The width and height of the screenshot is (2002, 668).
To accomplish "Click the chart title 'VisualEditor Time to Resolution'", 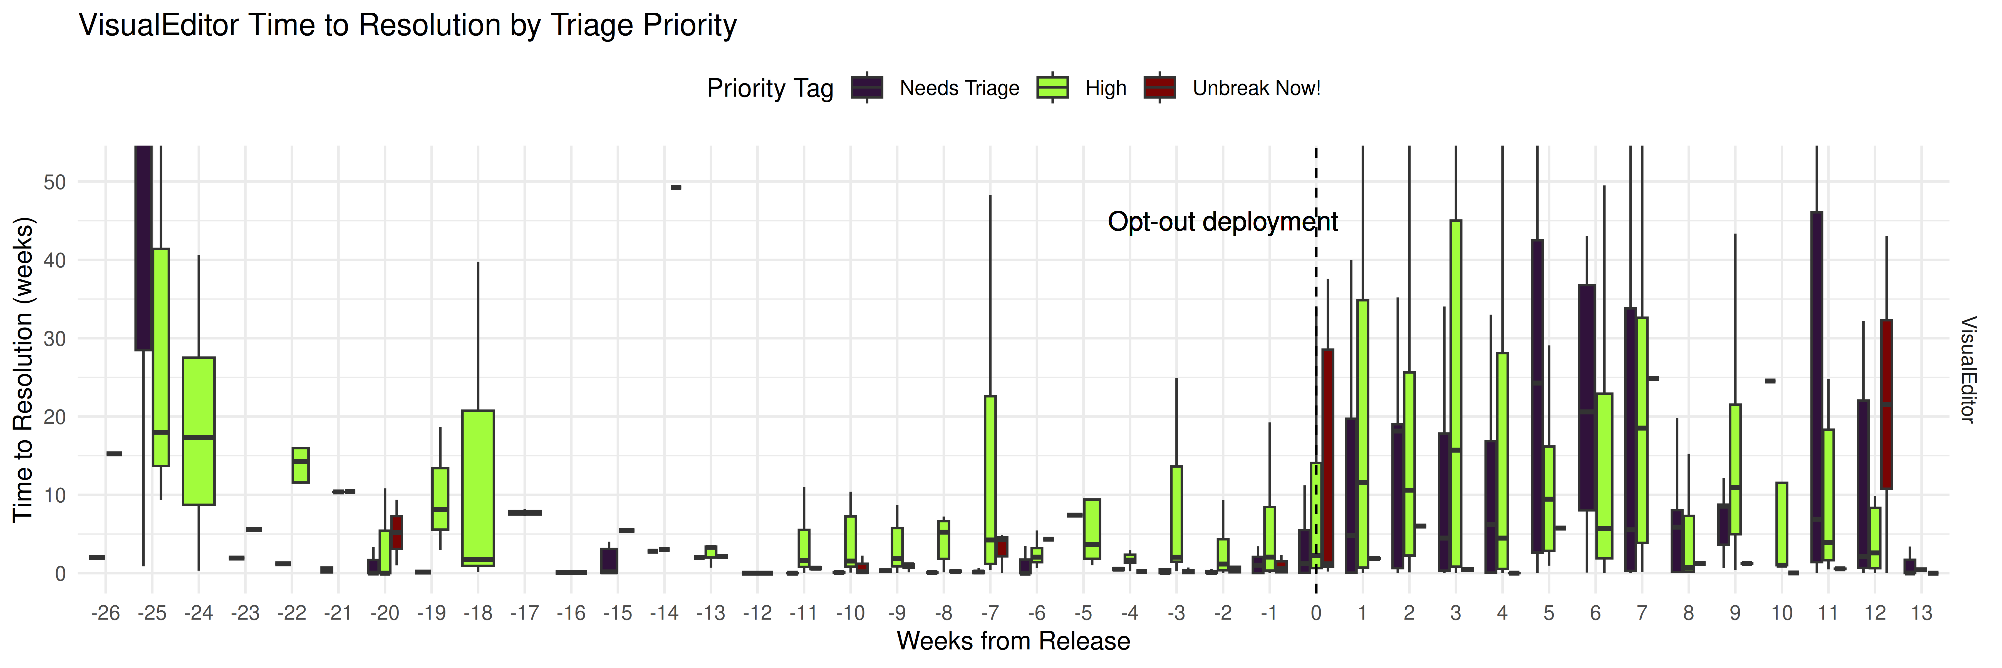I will [x=407, y=26].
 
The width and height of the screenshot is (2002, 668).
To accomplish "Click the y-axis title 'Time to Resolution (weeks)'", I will [x=23, y=369].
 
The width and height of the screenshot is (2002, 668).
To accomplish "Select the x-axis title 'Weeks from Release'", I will [x=1013, y=641].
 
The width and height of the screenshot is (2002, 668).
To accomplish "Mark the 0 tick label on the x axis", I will [x=1315, y=613].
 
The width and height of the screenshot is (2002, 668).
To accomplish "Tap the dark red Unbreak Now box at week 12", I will [x=1886, y=404].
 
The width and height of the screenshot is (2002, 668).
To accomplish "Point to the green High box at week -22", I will [x=300, y=465].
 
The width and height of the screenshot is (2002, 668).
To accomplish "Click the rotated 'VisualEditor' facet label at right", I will [x=1967, y=369].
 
